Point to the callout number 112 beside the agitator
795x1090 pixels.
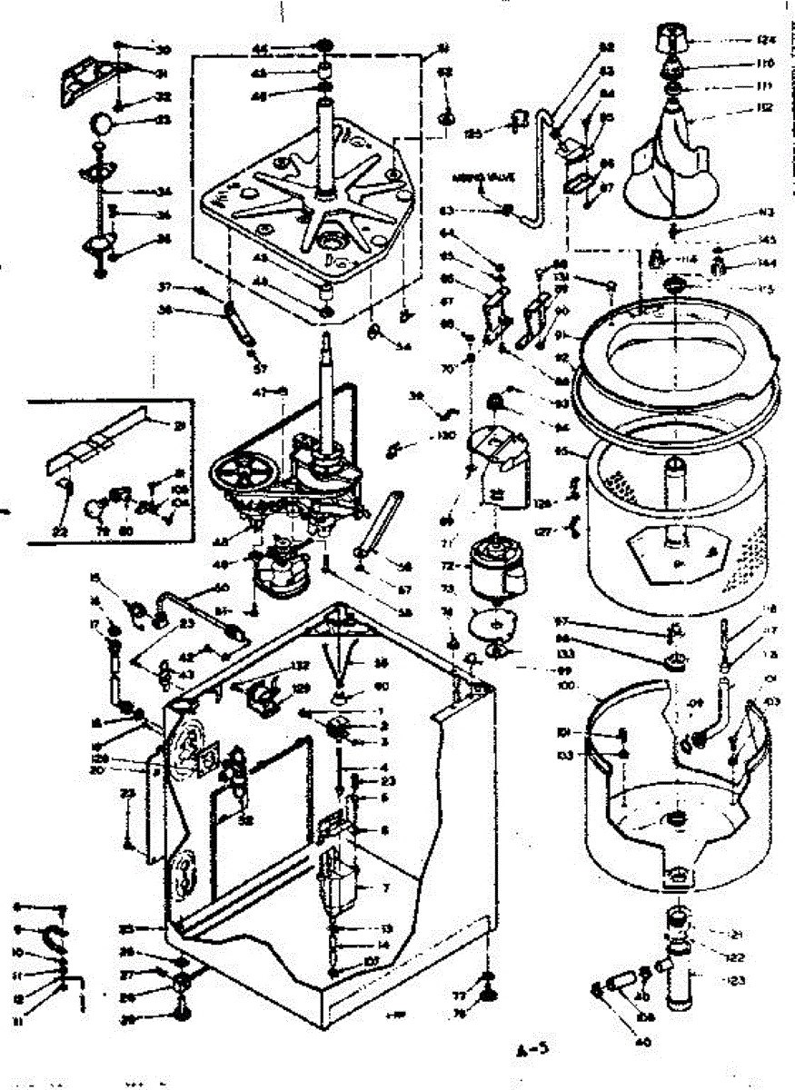[x=765, y=108]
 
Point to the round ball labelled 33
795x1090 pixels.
[x=103, y=122]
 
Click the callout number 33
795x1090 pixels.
[x=164, y=119]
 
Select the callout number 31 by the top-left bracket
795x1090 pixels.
[x=163, y=74]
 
